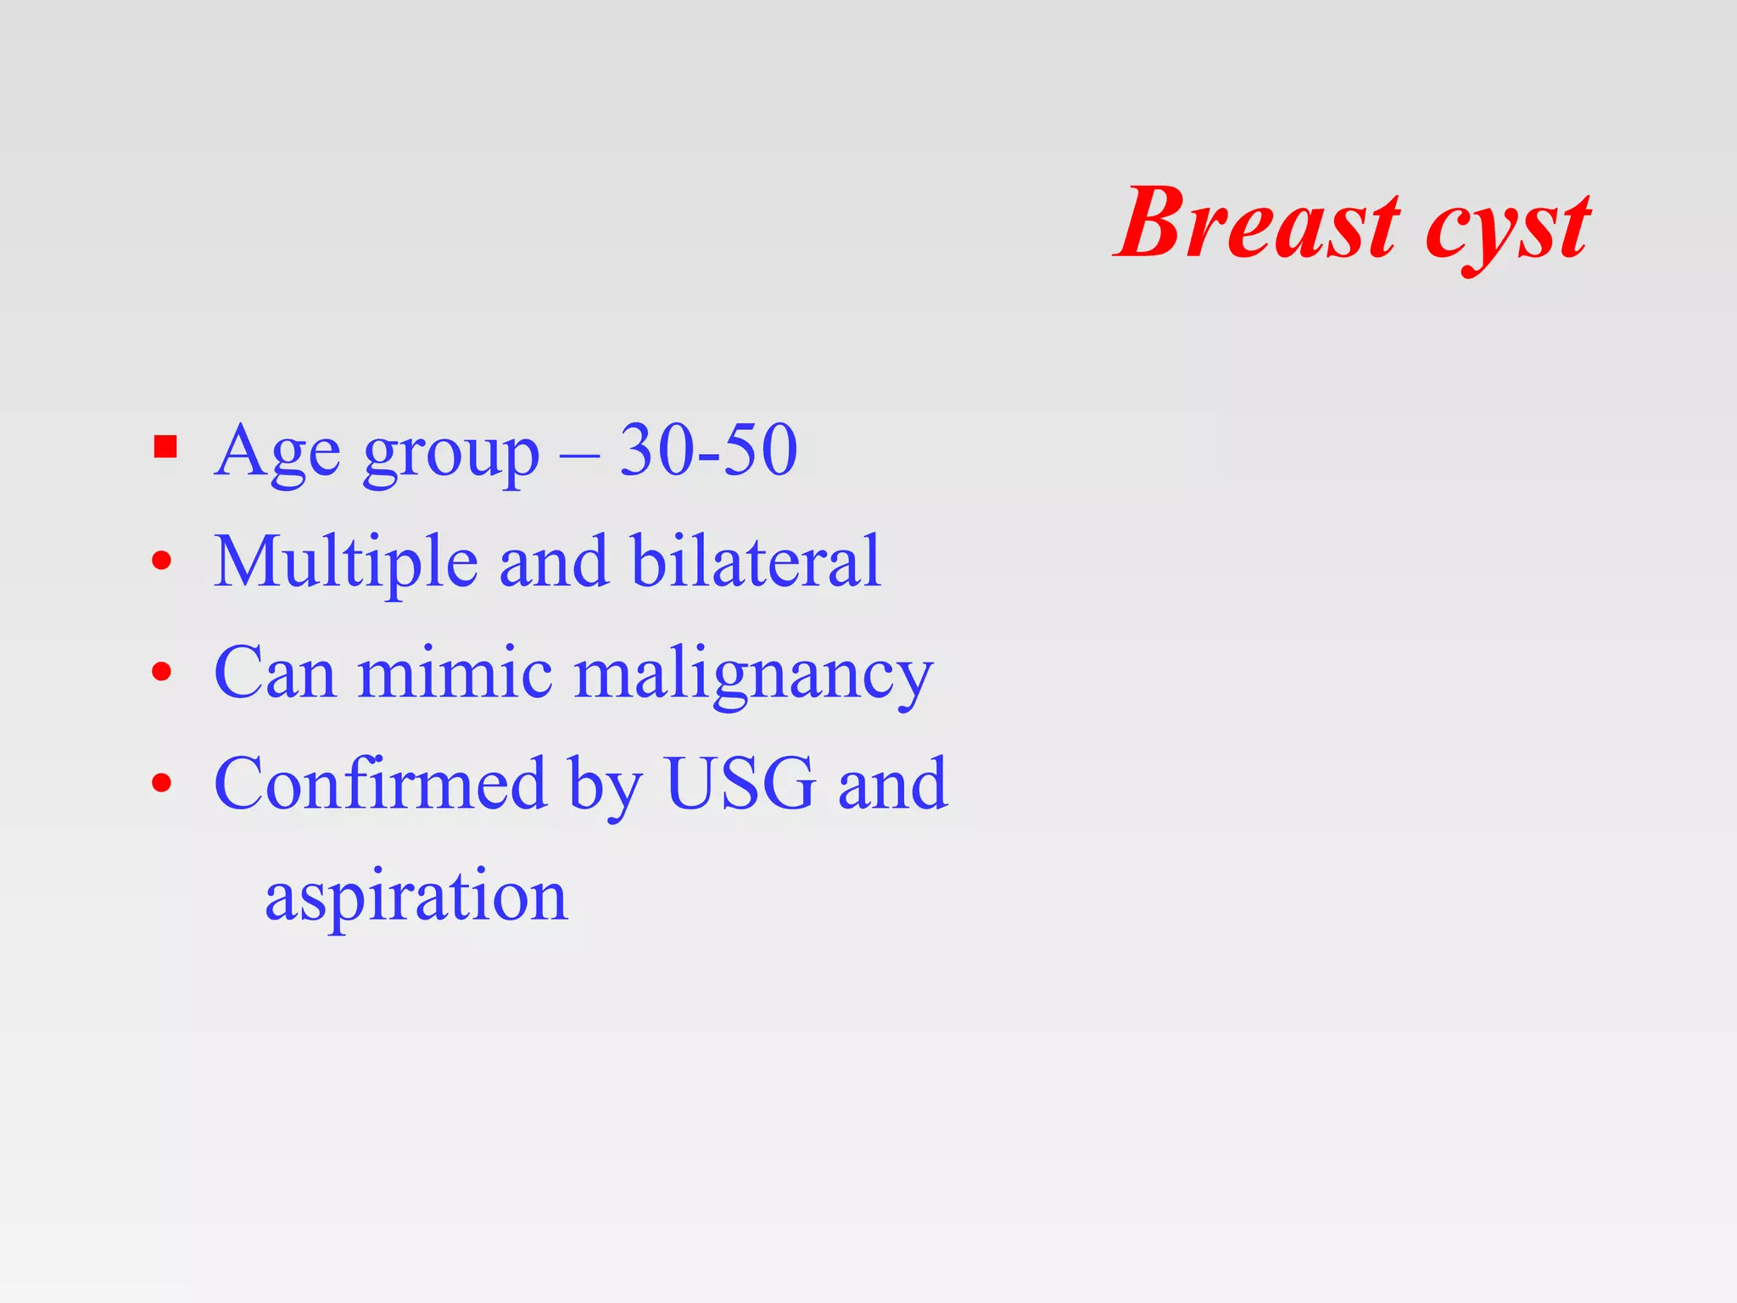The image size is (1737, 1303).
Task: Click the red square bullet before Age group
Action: click(165, 446)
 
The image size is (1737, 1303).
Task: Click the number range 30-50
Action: click(708, 450)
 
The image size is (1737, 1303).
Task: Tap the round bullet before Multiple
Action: click(162, 561)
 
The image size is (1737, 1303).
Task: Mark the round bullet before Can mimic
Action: click(162, 673)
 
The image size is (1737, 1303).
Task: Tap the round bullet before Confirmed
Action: click(162, 783)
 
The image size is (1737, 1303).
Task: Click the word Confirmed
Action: click(380, 783)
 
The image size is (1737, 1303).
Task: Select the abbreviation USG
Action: click(740, 783)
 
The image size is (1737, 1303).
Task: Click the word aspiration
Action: click(416, 898)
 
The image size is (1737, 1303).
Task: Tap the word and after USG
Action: click(892, 783)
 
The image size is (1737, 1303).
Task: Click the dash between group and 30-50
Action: click(579, 455)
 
